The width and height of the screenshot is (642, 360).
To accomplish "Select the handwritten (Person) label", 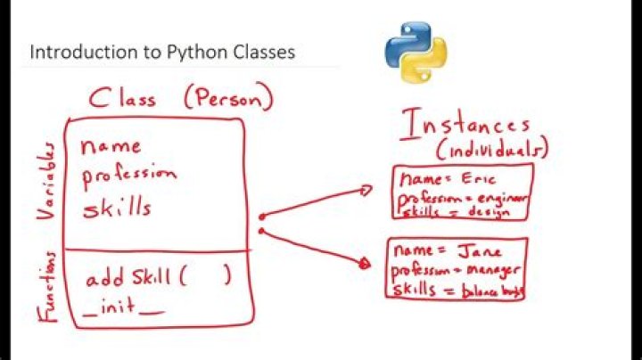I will [x=227, y=97].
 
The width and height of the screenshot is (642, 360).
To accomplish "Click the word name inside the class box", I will [x=111, y=145].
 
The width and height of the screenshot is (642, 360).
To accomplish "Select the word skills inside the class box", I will [x=117, y=209].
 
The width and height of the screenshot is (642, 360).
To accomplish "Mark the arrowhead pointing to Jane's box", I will [x=363, y=263].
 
